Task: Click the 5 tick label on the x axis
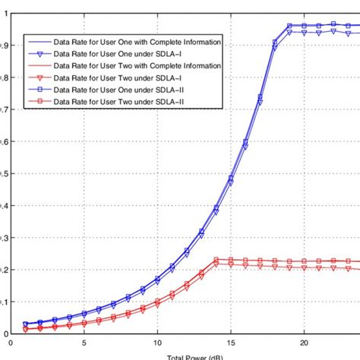tap(84, 343)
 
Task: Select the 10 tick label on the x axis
tap(157, 343)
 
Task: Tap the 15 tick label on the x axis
tap(231, 343)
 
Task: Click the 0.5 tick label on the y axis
tap(6, 173)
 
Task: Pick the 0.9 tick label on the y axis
tap(6, 46)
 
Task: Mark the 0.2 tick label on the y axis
tap(6, 270)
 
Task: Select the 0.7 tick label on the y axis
tap(6, 109)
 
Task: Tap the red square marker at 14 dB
tap(216, 260)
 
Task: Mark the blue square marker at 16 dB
tap(245, 141)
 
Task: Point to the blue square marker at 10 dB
tap(157, 279)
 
